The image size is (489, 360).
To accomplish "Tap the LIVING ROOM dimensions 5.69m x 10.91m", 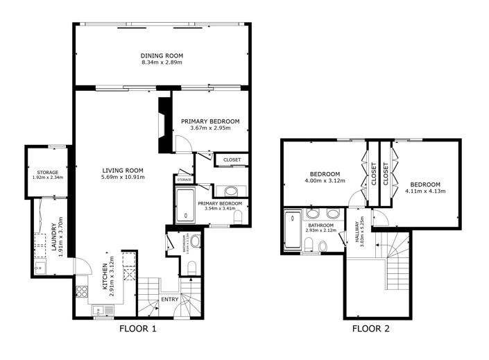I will click(123, 178).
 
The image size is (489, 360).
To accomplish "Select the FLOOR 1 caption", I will click(139, 329).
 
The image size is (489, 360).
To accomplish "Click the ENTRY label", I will click(169, 300).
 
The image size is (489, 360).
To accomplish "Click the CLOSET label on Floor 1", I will click(232, 160).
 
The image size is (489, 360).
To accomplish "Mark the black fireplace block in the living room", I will click(165, 125).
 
